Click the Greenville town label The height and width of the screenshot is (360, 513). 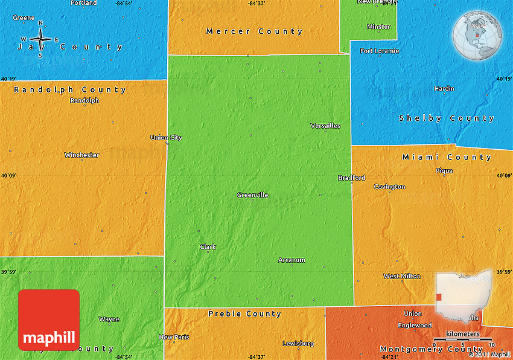click(x=252, y=195)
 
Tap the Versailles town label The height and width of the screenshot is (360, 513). click(x=325, y=126)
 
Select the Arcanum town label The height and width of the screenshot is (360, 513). click(x=292, y=260)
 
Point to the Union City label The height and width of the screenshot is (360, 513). click(x=166, y=138)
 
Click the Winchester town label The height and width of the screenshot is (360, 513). click(x=81, y=155)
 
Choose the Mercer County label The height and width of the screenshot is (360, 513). click(x=254, y=31)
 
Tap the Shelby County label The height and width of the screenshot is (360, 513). click(x=447, y=118)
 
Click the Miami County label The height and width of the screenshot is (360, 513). click(x=447, y=157)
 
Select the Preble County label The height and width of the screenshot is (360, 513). click(x=244, y=313)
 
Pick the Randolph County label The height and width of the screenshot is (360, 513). click(x=70, y=90)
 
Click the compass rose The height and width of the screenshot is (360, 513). click(x=40, y=39)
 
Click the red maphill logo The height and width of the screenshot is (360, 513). click(x=49, y=320)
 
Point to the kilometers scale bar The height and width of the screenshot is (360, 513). click(x=463, y=341)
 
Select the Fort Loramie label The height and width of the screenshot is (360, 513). click(x=380, y=51)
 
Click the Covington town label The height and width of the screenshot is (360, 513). click(x=389, y=187)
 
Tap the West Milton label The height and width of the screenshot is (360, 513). click(x=402, y=276)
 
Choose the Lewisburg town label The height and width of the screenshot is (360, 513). click(x=298, y=344)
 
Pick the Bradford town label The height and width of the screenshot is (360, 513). click(x=351, y=178)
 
